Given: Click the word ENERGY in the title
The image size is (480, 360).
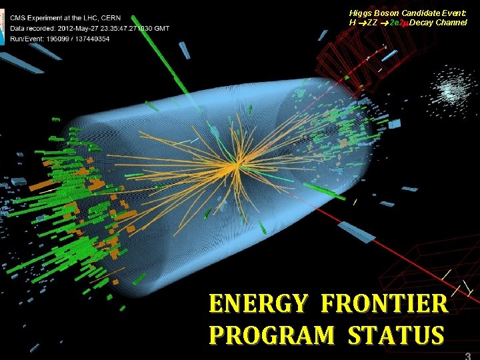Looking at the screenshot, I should [257, 304].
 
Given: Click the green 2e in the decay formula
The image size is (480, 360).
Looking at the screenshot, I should [394, 23].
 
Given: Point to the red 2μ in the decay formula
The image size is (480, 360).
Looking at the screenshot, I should [404, 23].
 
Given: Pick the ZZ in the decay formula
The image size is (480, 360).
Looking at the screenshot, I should [373, 23].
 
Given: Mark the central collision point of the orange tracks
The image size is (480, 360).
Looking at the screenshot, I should [236, 163].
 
